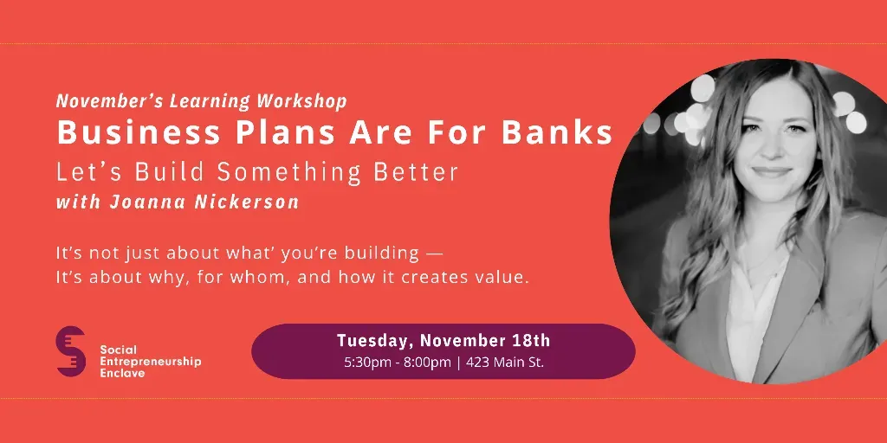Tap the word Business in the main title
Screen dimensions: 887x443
tap(139, 132)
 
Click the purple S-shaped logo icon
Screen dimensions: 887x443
tap(71, 351)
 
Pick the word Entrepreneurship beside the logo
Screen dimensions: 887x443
tap(151, 362)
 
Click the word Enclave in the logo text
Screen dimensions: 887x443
tap(123, 373)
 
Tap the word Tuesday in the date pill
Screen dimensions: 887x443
tap(375, 341)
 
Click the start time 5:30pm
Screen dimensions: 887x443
tap(367, 363)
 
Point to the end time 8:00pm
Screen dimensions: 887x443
tap(427, 363)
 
